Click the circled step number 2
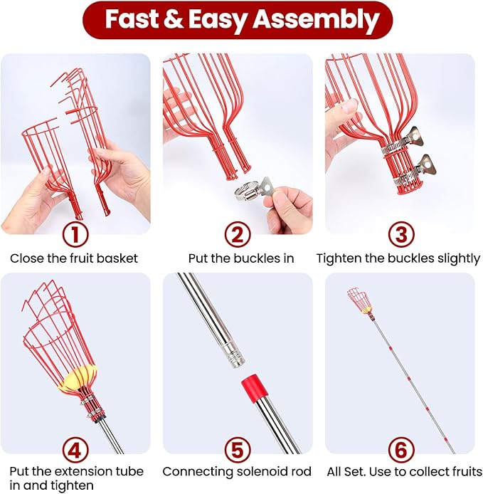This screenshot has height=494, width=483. [240, 234]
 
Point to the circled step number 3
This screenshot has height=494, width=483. [399, 234]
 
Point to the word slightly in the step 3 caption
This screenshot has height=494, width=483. [458, 258]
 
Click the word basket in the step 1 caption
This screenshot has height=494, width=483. [120, 258]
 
